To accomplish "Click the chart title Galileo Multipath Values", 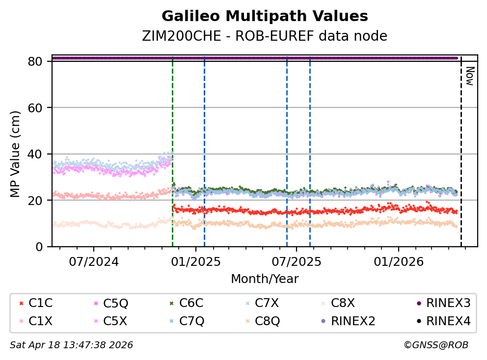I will point(265,17).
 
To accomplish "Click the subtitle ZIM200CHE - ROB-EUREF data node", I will point(265,36).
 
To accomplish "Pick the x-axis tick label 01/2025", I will point(195,261).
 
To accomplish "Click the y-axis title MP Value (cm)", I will point(16,154).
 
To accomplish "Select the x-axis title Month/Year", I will point(265,279).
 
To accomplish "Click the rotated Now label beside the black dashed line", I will point(469,77).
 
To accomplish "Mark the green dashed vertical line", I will point(172,147).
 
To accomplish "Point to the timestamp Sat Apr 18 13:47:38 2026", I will point(72,345).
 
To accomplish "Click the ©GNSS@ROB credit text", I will point(436,345).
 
